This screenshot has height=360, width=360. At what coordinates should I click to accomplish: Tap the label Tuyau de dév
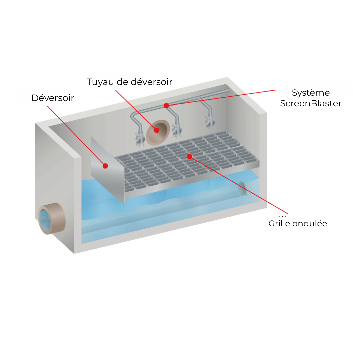(118, 82)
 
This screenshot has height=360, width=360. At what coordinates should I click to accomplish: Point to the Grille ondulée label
(299, 223)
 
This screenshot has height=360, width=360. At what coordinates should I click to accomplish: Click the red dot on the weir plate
(105, 166)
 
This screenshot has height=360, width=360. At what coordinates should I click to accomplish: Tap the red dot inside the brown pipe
(157, 130)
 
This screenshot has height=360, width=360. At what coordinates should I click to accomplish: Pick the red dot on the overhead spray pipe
(166, 106)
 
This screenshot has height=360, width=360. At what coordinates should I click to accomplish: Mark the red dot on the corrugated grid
(189, 156)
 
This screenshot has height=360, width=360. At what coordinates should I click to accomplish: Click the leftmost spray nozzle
(139, 139)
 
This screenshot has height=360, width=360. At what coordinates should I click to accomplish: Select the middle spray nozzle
(176, 129)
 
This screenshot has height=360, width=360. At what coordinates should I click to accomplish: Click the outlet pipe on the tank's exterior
(51, 218)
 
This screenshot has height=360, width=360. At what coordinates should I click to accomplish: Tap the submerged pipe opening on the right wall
(242, 189)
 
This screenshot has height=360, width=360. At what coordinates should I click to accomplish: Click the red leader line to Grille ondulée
(240, 185)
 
